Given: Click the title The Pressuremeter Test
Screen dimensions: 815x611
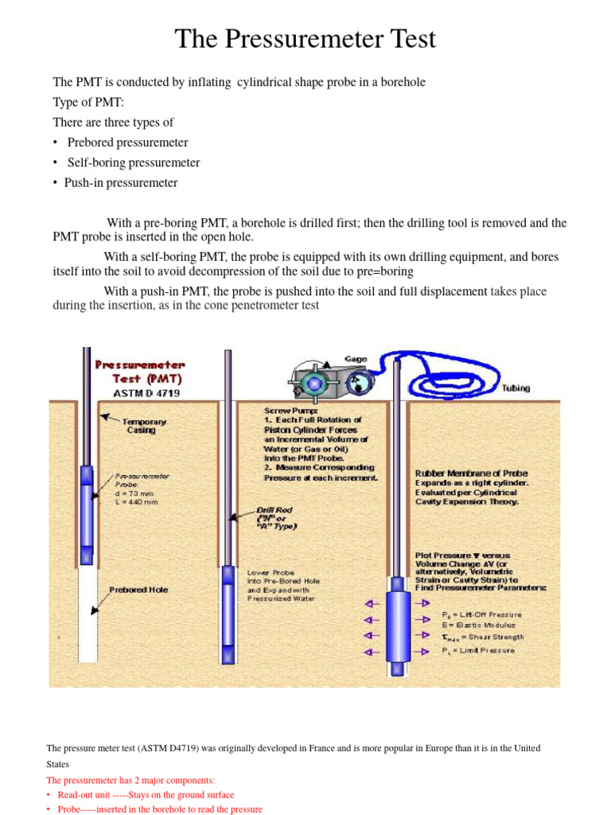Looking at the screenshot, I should coord(305,39).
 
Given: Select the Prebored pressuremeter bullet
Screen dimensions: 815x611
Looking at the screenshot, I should coord(127,142).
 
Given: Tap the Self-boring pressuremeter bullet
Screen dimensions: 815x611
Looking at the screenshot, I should coord(133,162).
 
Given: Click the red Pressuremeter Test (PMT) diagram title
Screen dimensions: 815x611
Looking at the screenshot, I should coord(140,371).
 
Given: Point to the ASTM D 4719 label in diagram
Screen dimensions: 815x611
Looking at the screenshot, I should coord(140,392).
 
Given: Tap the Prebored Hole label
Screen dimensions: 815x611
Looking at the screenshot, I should coord(138,590).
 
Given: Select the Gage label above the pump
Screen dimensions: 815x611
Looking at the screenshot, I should coord(355,359).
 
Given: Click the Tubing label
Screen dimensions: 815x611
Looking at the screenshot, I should coord(516,388).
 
